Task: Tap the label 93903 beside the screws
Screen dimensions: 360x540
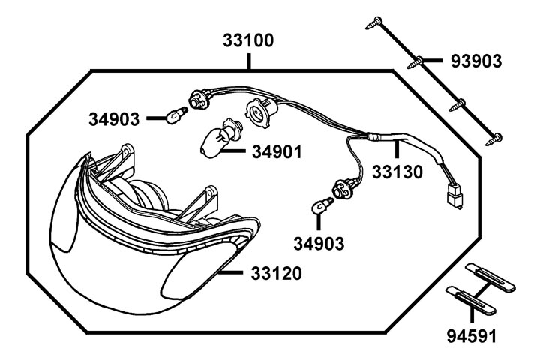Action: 475,60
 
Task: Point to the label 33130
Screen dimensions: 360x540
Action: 397,172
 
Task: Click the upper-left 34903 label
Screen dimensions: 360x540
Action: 113,118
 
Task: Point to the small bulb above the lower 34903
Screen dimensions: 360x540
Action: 320,204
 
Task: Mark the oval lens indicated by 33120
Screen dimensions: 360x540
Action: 193,271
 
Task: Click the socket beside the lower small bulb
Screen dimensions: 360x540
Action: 344,187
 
